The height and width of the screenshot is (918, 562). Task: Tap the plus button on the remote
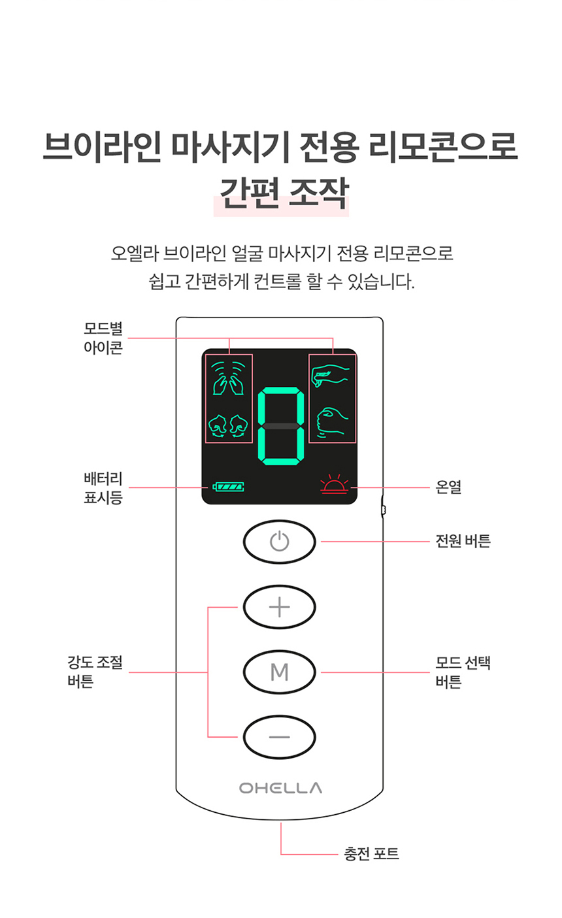(279, 607)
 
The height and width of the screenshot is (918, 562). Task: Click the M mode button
(279, 672)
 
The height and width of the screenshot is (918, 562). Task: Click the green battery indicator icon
(228, 487)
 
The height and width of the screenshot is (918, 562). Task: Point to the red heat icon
(334, 486)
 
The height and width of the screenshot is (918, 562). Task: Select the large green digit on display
(281, 427)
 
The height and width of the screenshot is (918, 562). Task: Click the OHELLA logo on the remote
(280, 787)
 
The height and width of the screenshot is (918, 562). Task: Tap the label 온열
(448, 487)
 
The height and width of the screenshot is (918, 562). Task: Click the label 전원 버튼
(463, 541)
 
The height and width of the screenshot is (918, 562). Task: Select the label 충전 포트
(371, 853)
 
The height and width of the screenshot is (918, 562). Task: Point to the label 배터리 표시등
(103, 488)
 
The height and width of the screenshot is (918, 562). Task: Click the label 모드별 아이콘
(103, 338)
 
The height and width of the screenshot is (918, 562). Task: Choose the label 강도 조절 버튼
(95, 672)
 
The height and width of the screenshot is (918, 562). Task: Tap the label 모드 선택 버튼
(463, 672)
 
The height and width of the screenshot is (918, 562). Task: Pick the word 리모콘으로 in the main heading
(443, 146)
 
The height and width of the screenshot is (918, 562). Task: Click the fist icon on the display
(332, 421)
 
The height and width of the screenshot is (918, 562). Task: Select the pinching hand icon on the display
(331, 376)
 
